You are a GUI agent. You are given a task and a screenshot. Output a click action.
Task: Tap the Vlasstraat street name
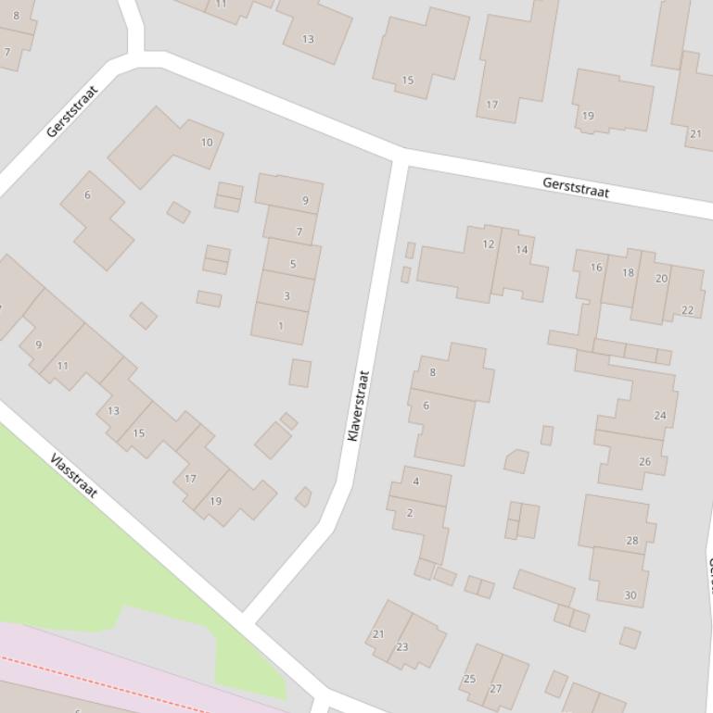pyautogui.click(x=74, y=476)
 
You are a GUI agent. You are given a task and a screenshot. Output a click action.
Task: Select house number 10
pyautogui.click(x=207, y=143)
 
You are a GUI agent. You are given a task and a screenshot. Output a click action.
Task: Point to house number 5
pyautogui.click(x=293, y=264)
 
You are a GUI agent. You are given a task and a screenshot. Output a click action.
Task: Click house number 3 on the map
pyautogui.click(x=286, y=296)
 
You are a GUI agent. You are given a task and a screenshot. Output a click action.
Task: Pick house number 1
pyautogui.click(x=281, y=326)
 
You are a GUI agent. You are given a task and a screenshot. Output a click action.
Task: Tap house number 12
pyautogui.click(x=489, y=244)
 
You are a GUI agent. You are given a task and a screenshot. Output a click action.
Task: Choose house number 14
pyautogui.click(x=522, y=250)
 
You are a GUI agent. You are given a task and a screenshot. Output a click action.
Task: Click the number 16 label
pyautogui.click(x=596, y=268)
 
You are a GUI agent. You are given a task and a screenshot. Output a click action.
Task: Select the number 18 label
pyautogui.click(x=628, y=273)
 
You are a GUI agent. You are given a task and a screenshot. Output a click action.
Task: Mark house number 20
pyautogui.click(x=661, y=279)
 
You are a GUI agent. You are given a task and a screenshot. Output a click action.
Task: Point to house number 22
pyautogui.click(x=687, y=310)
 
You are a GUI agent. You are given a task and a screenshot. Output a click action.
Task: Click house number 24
pyautogui.click(x=660, y=416)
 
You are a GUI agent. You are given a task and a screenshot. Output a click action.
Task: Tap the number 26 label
pyautogui.click(x=644, y=461)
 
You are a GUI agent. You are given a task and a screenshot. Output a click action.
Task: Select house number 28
pyautogui.click(x=632, y=541)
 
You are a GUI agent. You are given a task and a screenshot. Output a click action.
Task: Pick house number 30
pyautogui.click(x=630, y=595)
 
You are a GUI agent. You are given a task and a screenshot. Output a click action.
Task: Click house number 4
pyautogui.click(x=416, y=482)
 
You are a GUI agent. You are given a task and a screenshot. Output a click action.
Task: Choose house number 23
pyautogui.click(x=402, y=647)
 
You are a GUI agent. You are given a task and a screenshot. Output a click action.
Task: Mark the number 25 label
pyautogui.click(x=469, y=680)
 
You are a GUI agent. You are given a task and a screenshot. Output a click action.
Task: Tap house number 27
pyautogui.click(x=495, y=689)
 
